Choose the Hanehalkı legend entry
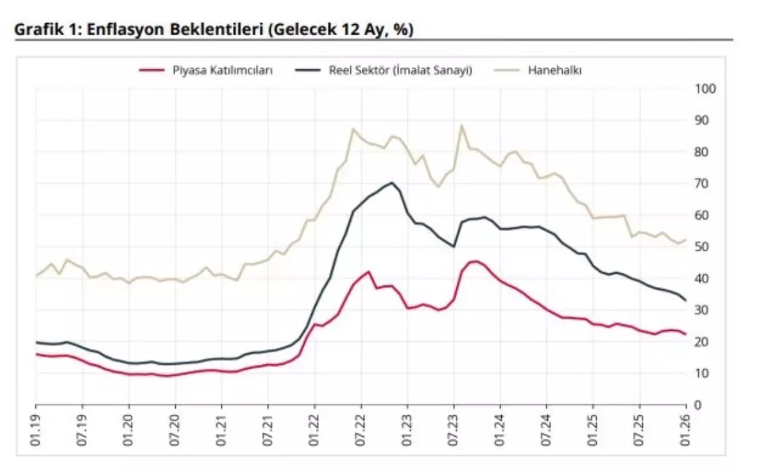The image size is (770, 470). coord(554,71)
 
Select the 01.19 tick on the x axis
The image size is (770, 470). coord(36,426)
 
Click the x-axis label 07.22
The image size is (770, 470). coord(361,426)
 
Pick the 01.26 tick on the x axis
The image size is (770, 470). coord(687,426)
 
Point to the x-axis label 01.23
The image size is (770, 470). coord(407,426)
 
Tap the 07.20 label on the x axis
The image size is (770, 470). coord(175,426)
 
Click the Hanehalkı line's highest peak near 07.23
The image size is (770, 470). coord(461,126)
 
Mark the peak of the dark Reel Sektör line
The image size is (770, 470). coord(392,183)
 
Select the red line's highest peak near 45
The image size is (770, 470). coord(474,261)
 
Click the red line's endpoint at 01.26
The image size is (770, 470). coord(686,334)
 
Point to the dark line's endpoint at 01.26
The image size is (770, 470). coord(686,301)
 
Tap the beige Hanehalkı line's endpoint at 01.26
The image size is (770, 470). coord(686,240)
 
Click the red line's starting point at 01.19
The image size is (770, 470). coord(36,354)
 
